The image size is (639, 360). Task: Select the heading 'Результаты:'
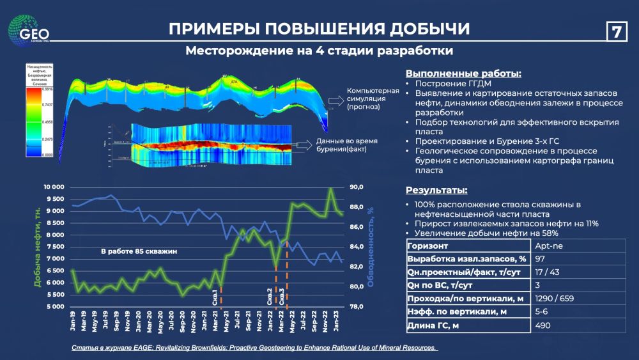click(436, 191)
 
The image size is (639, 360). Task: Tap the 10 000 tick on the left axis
click(53, 187)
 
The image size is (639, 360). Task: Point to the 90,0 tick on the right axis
click(357, 187)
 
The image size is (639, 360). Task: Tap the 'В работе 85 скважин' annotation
click(139, 252)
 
